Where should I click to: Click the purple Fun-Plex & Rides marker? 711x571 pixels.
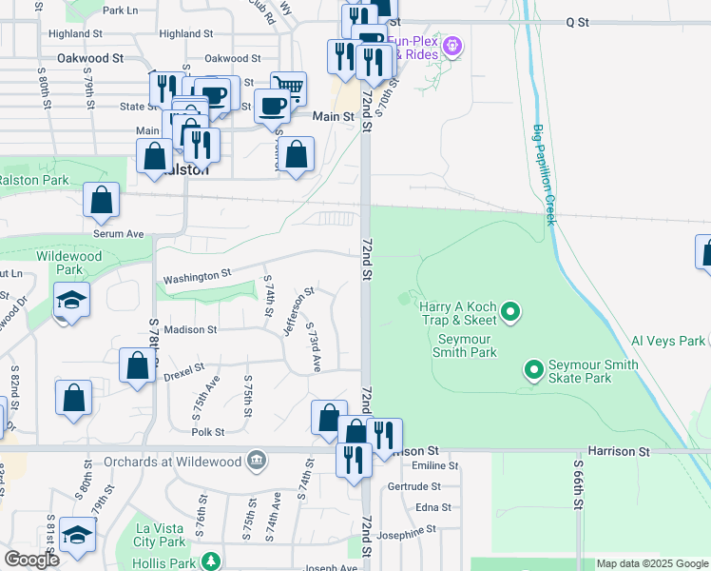pos(453,45)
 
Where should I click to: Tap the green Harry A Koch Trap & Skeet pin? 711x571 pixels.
pos(510,311)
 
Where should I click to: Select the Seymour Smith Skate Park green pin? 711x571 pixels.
pos(534,368)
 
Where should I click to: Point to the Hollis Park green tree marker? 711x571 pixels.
pos(217,560)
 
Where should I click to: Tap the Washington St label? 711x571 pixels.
pos(198,277)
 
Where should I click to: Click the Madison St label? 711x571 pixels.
pos(190,329)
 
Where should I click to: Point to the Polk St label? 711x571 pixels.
pos(206,431)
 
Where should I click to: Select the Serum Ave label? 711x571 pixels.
pos(118,233)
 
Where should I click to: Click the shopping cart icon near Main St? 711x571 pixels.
pos(289,89)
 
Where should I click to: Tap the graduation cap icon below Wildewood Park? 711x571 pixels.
pos(72,300)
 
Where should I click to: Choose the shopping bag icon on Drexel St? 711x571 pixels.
pos(138,366)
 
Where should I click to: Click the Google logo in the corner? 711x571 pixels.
pos(31,560)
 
